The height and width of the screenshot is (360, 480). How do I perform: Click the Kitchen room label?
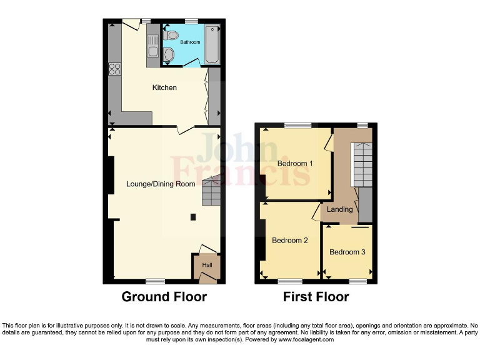(x=164, y=87)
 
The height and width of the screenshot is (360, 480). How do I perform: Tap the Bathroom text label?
(x=191, y=42)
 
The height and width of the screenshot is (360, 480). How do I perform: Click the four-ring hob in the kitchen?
(x=115, y=69)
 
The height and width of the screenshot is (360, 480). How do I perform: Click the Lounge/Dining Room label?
(x=161, y=184)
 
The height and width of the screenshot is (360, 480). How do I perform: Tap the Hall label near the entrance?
(x=207, y=265)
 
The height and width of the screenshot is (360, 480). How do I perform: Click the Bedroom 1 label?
(x=295, y=164)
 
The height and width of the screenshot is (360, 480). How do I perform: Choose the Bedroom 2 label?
(x=289, y=240)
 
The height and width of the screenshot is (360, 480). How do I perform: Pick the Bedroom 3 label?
(x=347, y=252)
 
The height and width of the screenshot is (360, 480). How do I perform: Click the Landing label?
(x=340, y=209)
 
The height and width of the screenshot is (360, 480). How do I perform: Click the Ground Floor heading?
(x=164, y=297)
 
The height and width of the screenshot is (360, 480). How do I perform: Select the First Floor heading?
(x=316, y=297)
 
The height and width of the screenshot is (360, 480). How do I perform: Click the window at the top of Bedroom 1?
(x=299, y=126)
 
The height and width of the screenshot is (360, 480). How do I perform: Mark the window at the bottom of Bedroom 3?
(x=357, y=281)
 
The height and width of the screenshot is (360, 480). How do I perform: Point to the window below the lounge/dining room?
(x=155, y=281)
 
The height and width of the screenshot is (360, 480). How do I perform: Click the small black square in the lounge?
(x=192, y=217)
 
